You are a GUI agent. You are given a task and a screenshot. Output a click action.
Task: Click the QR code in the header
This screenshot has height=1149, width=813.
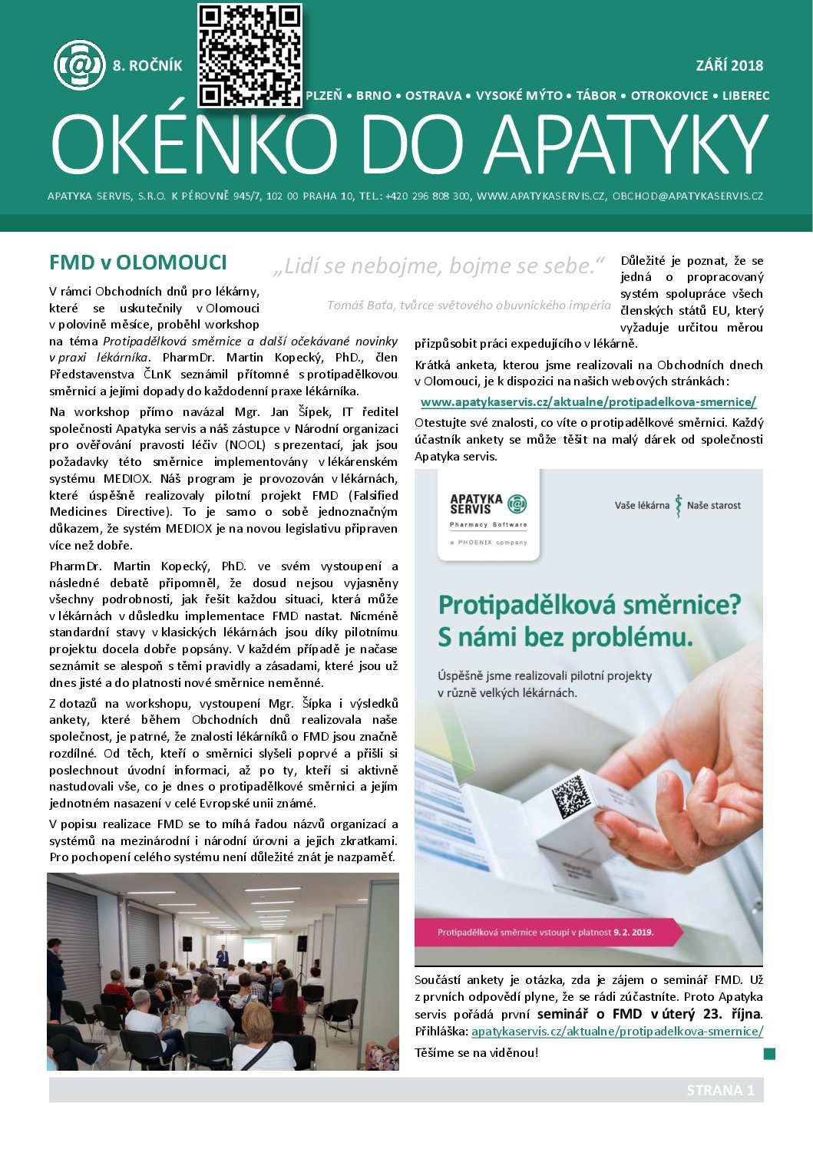[x=250, y=55]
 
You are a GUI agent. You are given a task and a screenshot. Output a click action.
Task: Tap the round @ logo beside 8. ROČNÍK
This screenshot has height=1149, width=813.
[x=79, y=65]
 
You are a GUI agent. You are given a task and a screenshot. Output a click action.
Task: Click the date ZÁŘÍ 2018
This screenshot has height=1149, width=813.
[x=729, y=65]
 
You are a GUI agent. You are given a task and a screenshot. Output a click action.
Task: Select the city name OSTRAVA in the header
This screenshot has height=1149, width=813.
[x=433, y=96]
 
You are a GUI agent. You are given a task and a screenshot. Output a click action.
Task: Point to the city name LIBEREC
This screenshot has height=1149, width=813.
[x=745, y=96]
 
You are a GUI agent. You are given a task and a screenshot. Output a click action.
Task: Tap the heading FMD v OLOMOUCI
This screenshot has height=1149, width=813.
[x=138, y=262]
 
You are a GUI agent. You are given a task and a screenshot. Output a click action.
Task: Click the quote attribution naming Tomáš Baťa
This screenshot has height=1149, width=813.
[x=468, y=305]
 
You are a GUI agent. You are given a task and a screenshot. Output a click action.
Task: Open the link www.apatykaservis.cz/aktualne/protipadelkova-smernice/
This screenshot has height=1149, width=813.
[x=588, y=402]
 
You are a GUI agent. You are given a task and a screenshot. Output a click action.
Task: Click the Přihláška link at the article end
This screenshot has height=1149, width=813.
[x=616, y=1032]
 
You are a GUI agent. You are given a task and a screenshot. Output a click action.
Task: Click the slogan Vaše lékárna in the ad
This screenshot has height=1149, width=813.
[x=642, y=505]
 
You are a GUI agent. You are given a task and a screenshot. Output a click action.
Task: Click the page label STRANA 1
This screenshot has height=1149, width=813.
[x=720, y=1091]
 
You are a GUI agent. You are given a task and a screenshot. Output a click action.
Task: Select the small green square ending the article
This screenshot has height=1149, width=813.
[x=769, y=1054]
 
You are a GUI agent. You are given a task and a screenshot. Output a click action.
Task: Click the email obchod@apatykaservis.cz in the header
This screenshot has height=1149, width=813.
[x=687, y=196]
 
